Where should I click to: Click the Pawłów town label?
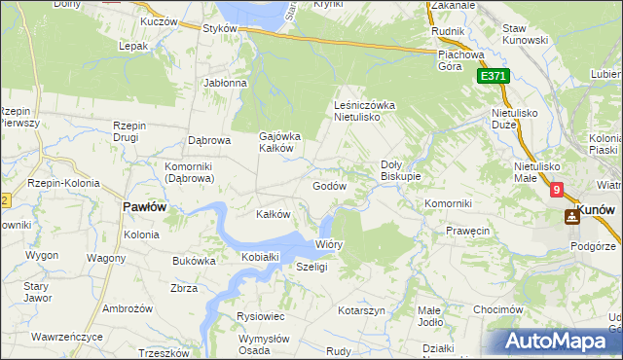pyautogui.click(x=144, y=207)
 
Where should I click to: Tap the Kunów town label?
pyautogui.click(x=599, y=209)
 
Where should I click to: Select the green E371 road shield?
pyautogui.click(x=494, y=77)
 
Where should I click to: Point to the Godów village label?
pyautogui.click(x=329, y=186)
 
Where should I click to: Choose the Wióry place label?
pyautogui.click(x=329, y=245)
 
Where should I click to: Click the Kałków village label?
pyautogui.click(x=273, y=214)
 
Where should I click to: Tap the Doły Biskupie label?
pyautogui.click(x=400, y=170)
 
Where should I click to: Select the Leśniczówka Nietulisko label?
pyautogui.click(x=363, y=110)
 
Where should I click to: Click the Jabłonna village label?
pyautogui.click(x=225, y=84)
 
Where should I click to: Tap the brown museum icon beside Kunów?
pyautogui.click(x=571, y=216)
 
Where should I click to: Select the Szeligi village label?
pyautogui.click(x=311, y=267)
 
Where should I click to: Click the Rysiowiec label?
pyautogui.click(x=260, y=316)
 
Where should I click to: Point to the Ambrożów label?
pyautogui.click(x=126, y=308)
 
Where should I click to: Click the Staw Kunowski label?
pyautogui.click(x=527, y=35)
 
